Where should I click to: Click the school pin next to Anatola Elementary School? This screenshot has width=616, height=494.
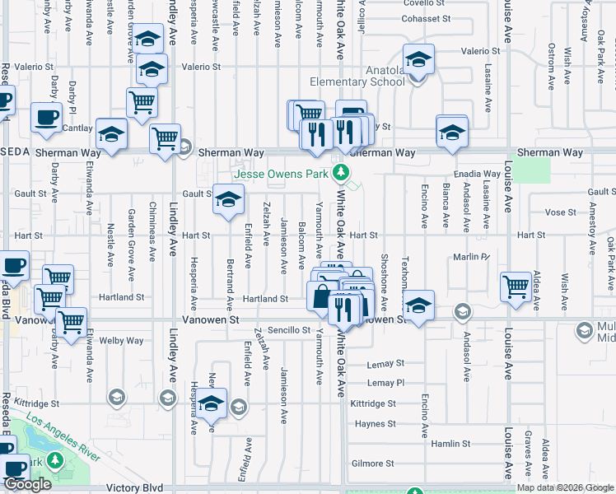click(x=419, y=62)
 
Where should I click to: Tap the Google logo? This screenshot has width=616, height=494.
click(x=27, y=484)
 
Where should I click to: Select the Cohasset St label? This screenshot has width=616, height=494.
click(x=427, y=18)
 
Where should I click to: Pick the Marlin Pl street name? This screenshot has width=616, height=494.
click(x=471, y=257)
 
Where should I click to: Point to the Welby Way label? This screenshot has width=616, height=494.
click(x=121, y=340)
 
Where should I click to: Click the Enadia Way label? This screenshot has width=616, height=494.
click(x=479, y=175)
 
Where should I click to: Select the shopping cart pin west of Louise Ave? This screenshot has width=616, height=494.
click(x=516, y=287)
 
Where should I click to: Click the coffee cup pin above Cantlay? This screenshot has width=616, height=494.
click(x=45, y=117)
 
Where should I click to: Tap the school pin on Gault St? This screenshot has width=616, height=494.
click(x=229, y=198)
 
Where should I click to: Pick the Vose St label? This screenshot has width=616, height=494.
click(x=560, y=212)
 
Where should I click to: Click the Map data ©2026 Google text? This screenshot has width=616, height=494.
click(x=565, y=487)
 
